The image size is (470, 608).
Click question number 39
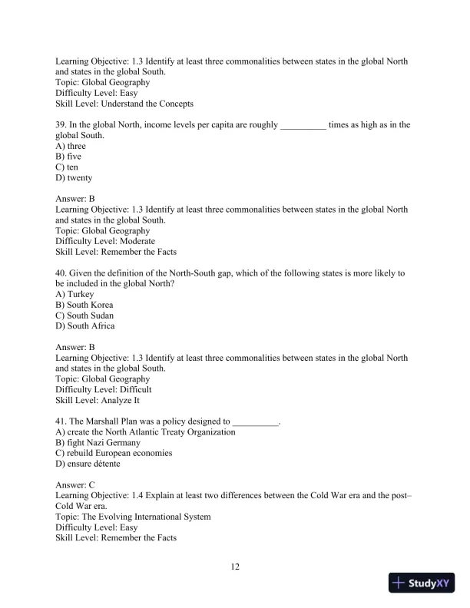(61, 124)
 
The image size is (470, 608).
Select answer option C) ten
(67, 167)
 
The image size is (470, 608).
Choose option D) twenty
(74, 178)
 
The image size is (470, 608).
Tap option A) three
(71, 146)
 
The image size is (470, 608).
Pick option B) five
(68, 157)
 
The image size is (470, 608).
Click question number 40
(61, 273)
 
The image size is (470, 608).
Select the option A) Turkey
(74, 294)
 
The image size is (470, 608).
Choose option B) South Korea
(84, 305)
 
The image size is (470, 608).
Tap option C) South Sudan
(84, 316)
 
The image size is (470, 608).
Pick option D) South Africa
(85, 326)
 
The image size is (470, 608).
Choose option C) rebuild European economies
(114, 454)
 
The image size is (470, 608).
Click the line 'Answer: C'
(75, 485)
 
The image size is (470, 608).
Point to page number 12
(235, 567)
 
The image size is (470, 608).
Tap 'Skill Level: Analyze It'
(98, 401)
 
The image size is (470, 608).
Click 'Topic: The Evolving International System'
(133, 517)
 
